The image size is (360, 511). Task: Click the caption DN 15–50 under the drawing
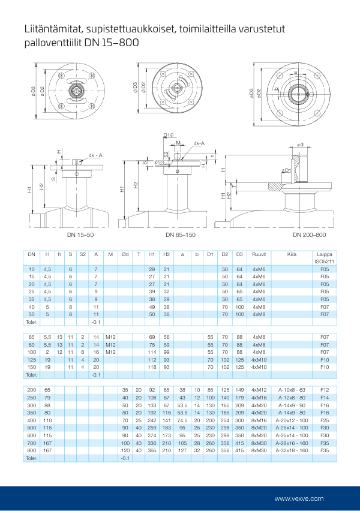click(80, 234)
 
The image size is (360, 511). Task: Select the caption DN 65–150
click(181, 234)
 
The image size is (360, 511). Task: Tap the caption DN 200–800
click(310, 234)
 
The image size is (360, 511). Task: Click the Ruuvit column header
click(259, 254)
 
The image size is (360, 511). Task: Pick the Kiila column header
click(292, 254)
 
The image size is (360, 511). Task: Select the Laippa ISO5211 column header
click(325, 258)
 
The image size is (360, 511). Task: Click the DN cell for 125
click(32, 359)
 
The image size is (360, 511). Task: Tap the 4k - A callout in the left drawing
click(95, 155)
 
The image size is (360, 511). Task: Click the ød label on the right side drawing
click(299, 145)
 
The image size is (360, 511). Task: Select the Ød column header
click(125, 254)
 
